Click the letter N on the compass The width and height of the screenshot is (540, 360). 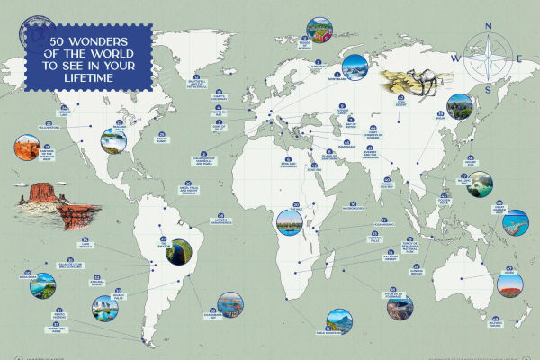tap(487, 26)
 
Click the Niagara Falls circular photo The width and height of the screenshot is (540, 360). tap(115, 141)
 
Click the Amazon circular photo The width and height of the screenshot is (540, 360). tap(181, 253)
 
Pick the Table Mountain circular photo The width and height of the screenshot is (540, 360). tap(341, 319)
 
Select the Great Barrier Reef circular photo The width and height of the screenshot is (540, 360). tap(516, 223)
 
